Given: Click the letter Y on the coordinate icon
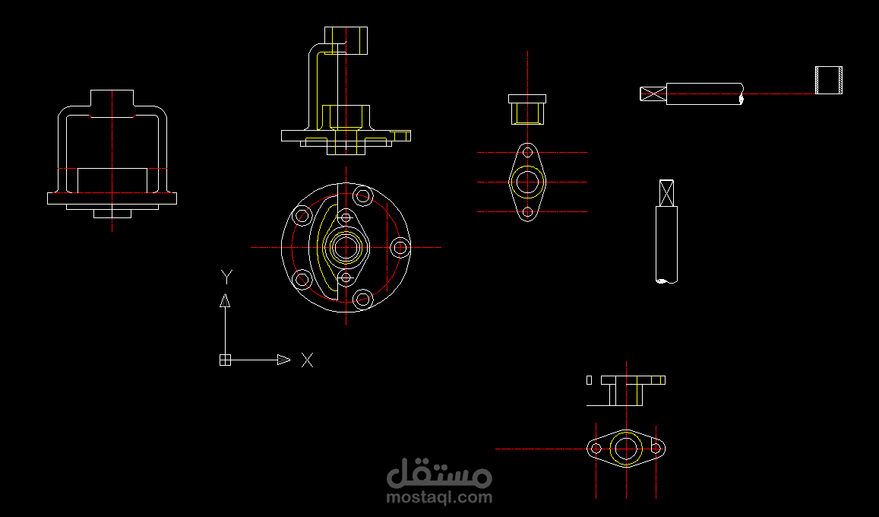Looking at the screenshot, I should click(x=226, y=276).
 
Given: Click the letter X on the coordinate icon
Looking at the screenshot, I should click(x=307, y=360).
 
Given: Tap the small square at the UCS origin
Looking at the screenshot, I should click(x=225, y=360).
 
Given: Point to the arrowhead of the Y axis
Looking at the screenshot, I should click(x=225, y=300).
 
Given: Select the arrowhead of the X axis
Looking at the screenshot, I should click(x=283, y=360).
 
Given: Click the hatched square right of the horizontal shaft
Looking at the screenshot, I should click(x=828, y=80).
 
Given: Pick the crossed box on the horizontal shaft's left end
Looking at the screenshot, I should click(x=653, y=94).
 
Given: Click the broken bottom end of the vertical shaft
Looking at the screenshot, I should click(x=666, y=281).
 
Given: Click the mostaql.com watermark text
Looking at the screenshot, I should click(x=439, y=498).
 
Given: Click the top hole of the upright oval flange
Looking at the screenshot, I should click(x=527, y=153).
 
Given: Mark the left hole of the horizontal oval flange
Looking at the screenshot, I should click(x=596, y=449).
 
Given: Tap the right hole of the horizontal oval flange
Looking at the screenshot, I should click(x=656, y=449).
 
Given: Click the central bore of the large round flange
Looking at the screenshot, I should click(x=346, y=247).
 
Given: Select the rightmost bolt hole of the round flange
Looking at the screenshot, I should click(x=400, y=247).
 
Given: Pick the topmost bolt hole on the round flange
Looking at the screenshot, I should click(x=362, y=195).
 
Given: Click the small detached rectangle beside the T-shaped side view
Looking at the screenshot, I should click(x=589, y=379).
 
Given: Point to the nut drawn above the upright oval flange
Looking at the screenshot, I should click(x=527, y=109).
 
